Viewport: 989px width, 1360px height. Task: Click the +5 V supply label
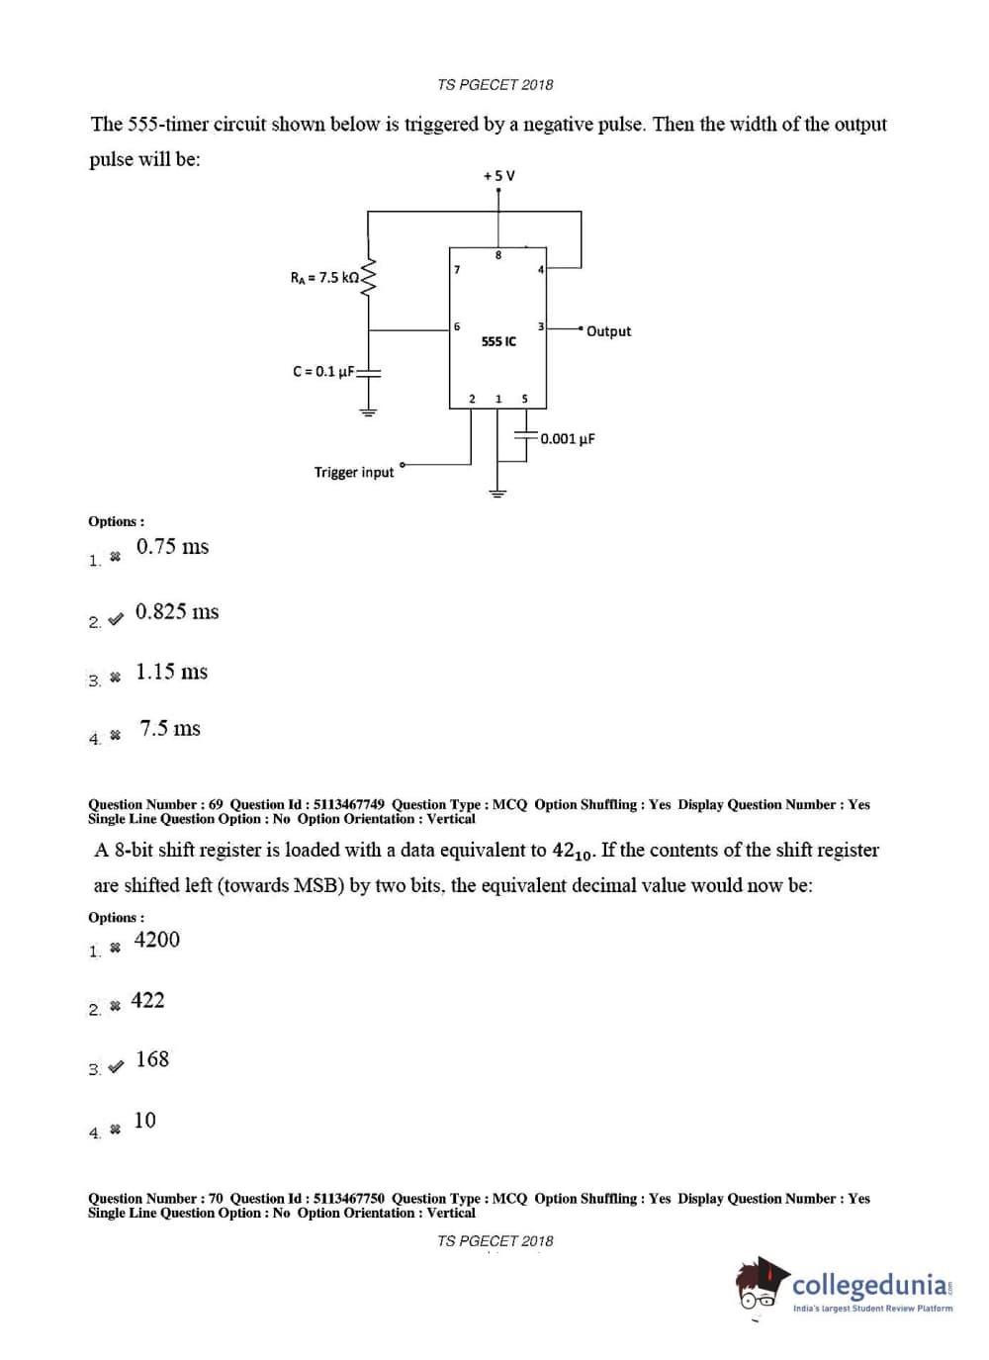pos(498,176)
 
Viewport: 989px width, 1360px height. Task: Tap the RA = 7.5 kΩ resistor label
pos(324,278)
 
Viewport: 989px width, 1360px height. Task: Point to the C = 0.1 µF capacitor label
pos(323,372)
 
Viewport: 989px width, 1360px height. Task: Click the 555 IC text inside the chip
pos(498,341)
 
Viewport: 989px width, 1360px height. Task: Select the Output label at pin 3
pos(608,331)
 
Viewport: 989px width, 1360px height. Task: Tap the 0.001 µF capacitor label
pos(568,439)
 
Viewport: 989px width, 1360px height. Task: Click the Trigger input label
pos(354,473)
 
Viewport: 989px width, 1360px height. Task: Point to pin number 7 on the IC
pos(457,269)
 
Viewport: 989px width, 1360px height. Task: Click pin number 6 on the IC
pos(457,326)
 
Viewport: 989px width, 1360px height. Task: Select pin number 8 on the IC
pos(498,255)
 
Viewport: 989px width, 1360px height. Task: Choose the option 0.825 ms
pos(177,612)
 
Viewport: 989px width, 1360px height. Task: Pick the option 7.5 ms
pos(170,729)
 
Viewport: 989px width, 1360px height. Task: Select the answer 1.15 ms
pos(172,673)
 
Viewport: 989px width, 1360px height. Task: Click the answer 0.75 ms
pos(173,547)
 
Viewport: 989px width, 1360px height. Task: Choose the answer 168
pos(152,1060)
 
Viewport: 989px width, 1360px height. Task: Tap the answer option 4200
pos(157,940)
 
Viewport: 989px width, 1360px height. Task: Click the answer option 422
pos(148,1001)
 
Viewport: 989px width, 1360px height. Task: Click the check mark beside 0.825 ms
pos(116,619)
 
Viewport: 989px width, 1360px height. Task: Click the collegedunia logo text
pos(869,1285)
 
